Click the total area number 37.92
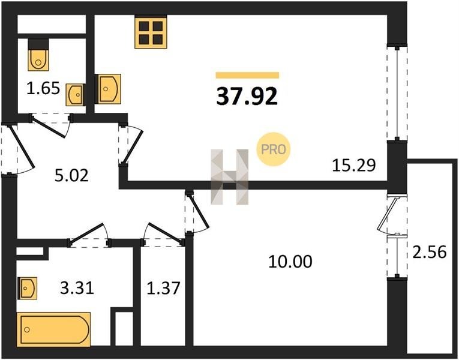pyautogui.click(x=247, y=97)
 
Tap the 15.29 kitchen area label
pyautogui.click(x=353, y=165)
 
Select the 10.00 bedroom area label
pyautogui.click(x=290, y=262)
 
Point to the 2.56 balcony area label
pyautogui.click(x=430, y=252)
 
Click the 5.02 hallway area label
pyautogui.click(x=71, y=176)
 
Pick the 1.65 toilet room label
pyautogui.click(x=43, y=88)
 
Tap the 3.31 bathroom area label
pyautogui.click(x=77, y=288)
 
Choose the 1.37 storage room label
pyautogui.click(x=163, y=288)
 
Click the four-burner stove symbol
pyautogui.click(x=151, y=32)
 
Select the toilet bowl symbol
pyautogui.click(x=38, y=56)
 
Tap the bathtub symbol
pyautogui.click(x=54, y=329)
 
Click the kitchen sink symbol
pyautogui.click(x=108, y=89)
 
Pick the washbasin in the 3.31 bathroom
pyautogui.click(x=27, y=288)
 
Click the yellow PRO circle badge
pyautogui.click(x=274, y=149)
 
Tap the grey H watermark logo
pyautogui.click(x=230, y=177)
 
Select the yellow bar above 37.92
pyautogui.click(x=247, y=75)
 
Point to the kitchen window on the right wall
pyautogui.click(x=397, y=93)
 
